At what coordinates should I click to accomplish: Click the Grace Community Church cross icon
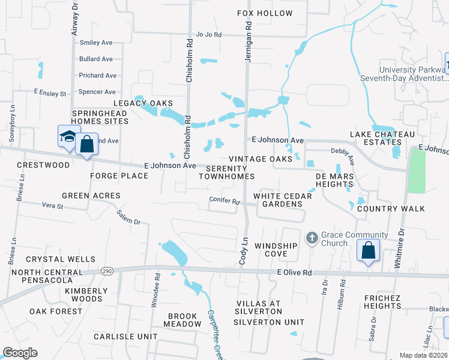[x=312, y=239]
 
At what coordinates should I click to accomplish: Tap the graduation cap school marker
[x=69, y=137]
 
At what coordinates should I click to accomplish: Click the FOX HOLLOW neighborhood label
[x=265, y=13]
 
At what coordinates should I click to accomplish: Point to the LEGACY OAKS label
[x=145, y=103]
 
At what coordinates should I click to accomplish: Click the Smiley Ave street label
[x=97, y=43]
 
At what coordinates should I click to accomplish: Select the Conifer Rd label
[x=224, y=200]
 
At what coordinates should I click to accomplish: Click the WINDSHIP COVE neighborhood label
[x=276, y=250]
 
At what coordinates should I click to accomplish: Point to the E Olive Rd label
[x=295, y=272]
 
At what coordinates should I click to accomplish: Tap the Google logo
[x=20, y=353]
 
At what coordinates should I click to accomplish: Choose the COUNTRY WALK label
[x=390, y=209]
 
